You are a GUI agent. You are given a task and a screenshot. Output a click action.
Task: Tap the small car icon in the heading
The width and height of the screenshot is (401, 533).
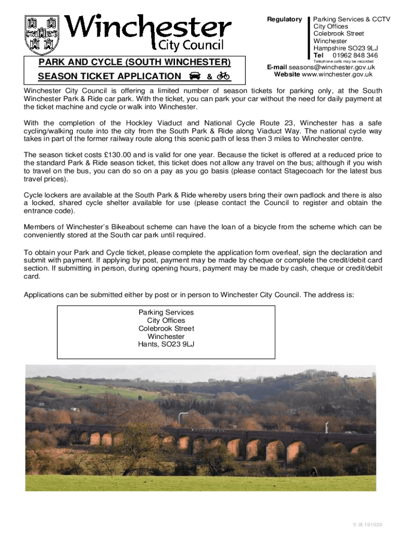(195, 77)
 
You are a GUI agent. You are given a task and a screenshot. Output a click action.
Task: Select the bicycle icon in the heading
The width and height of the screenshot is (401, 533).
(223, 76)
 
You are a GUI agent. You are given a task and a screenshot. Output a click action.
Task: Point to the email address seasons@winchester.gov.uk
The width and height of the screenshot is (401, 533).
(332, 67)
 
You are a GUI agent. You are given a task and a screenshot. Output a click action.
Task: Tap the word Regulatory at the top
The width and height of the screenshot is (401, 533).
(284, 19)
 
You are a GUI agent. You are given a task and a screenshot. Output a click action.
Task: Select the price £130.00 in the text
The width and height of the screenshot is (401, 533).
(118, 155)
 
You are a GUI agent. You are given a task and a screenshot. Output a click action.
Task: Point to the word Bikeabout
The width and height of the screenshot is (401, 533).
(136, 227)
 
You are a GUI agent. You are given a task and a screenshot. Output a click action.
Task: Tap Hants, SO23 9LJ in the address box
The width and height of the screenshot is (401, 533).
(166, 345)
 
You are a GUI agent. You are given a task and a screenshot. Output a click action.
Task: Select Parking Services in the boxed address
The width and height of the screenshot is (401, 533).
(166, 312)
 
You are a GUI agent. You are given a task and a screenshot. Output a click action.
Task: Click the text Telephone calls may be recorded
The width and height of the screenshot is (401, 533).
(343, 61)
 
